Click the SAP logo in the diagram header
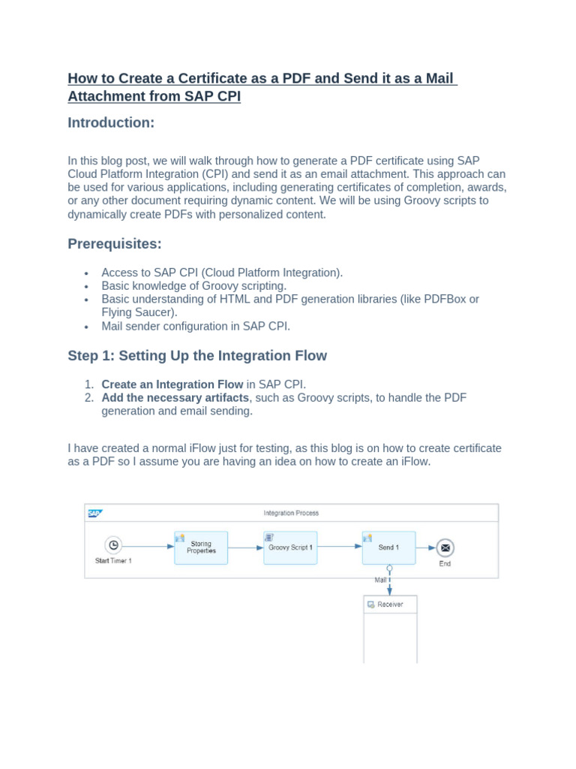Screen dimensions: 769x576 pos(94,514)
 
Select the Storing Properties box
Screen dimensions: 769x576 pos(201,547)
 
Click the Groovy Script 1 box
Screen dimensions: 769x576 pos(290,547)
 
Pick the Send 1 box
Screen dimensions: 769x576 pos(388,547)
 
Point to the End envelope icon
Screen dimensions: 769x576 pos(445,548)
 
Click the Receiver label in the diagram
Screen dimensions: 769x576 pos(390,605)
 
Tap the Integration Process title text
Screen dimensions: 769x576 pos(291,513)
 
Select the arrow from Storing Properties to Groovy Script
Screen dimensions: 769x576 pos(246,547)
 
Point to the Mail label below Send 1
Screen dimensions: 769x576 pos(380,580)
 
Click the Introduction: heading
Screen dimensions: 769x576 pos(111,122)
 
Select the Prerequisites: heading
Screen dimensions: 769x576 pos(115,243)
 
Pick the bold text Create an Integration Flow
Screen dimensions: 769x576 pos(172,384)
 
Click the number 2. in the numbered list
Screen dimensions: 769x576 pos(89,398)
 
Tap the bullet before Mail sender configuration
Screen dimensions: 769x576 pos(87,327)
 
